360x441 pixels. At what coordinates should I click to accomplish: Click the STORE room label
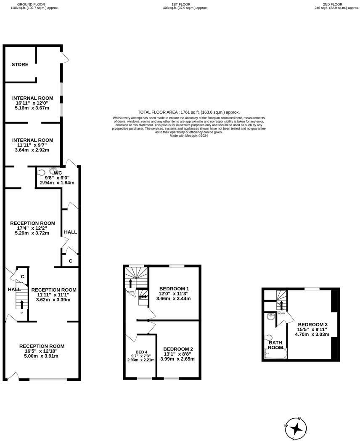pos(20,64)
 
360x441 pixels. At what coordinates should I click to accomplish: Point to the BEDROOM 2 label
pos(178,349)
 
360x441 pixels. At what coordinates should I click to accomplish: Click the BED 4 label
pos(141,352)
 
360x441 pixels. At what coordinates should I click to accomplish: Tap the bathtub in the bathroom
pos(275,354)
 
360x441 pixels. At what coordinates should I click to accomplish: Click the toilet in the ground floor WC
pos(41,172)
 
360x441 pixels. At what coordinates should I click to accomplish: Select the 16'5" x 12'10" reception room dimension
pos(42,351)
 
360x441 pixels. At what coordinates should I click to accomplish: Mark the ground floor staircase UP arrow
pos(22,303)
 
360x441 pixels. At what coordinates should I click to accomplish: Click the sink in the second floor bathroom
pos(271,317)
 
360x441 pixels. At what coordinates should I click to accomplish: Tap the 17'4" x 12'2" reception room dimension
pos(32,228)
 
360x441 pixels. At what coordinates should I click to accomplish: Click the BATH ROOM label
pos(275,345)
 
